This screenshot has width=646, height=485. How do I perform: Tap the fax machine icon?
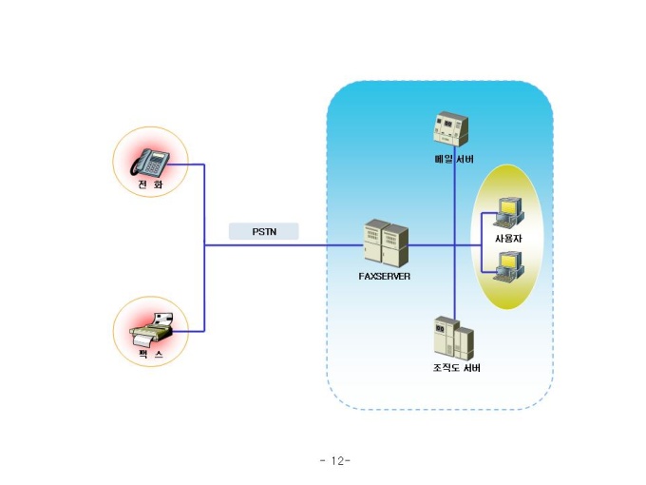(152, 330)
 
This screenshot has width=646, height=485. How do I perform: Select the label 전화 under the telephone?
(150, 184)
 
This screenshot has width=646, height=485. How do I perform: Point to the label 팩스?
(150, 355)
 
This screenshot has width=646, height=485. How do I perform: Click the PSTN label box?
(264, 231)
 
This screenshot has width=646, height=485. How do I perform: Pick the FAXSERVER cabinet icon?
(386, 243)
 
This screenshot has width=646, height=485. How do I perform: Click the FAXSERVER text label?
(385, 277)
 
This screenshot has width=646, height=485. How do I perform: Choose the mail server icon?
(451, 128)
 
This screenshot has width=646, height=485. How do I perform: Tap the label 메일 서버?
(454, 159)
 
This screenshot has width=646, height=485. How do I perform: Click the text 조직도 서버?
(457, 367)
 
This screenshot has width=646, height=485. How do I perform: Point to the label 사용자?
(508, 239)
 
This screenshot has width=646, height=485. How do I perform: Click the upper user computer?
(509, 212)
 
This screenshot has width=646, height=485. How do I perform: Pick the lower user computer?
(509, 267)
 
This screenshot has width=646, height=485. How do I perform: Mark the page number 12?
(335, 460)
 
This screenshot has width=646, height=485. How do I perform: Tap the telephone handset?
(140, 163)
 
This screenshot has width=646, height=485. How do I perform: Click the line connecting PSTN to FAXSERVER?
(284, 245)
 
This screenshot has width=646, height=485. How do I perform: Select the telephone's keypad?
(154, 166)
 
